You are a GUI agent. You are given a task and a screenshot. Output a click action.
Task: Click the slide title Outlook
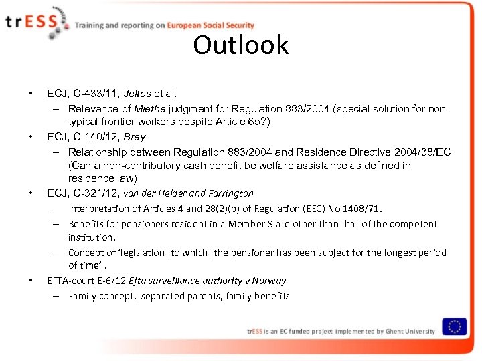(241, 45)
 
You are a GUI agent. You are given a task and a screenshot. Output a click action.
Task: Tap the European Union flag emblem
(455, 326)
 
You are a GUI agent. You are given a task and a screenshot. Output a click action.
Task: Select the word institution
(90, 237)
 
